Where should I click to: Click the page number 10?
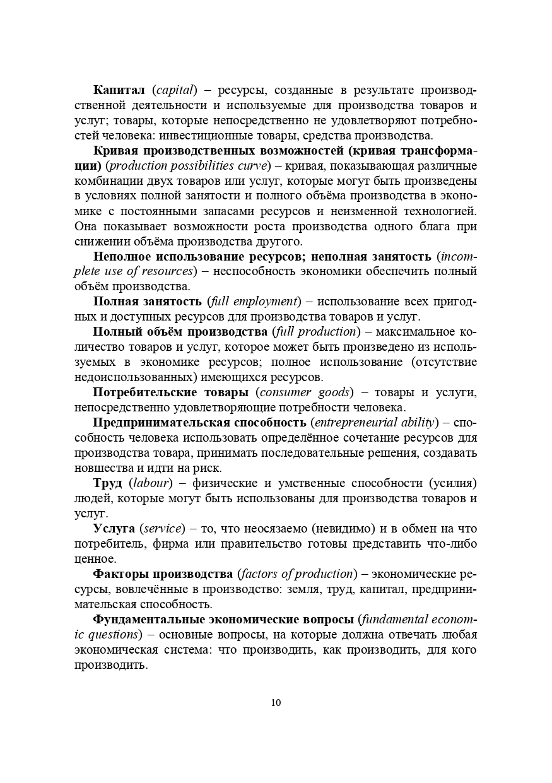276,703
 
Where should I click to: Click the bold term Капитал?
119,90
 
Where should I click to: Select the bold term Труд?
108,483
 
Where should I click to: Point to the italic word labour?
151,483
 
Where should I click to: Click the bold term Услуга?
114,528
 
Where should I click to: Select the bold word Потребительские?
143,392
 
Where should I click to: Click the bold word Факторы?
120,574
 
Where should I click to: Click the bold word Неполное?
121,256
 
